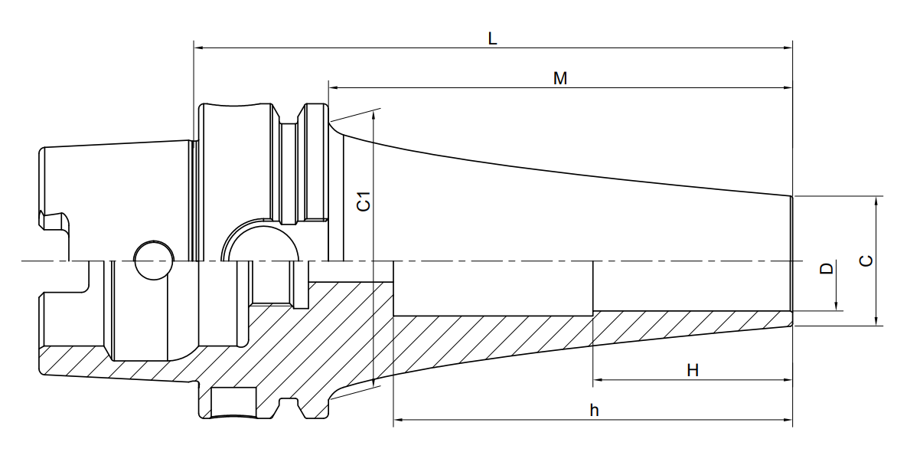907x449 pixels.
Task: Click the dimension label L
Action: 492,39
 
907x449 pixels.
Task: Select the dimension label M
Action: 560,79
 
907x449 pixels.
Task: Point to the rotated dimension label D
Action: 827,269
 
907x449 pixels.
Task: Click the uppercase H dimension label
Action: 693,370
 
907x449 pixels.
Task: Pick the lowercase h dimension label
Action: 595,410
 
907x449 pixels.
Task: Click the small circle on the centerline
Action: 154,260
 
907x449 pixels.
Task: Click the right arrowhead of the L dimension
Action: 788,48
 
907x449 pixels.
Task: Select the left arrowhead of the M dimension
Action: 334,87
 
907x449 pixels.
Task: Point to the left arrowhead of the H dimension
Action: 598,380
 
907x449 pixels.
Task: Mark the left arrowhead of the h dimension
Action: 399,419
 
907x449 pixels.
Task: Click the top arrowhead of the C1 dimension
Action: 375,116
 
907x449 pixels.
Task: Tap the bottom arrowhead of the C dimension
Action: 877,320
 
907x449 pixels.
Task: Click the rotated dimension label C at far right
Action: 866,261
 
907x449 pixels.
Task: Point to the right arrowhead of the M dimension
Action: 788,87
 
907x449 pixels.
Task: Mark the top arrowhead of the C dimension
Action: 877,202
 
